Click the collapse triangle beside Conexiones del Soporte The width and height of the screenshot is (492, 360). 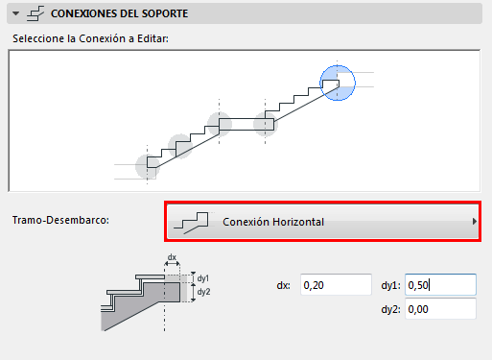coord(15,13)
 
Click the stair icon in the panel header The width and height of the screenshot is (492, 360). coord(35,13)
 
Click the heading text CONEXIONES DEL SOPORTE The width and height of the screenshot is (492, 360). coord(119,13)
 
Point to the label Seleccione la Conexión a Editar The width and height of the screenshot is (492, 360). coord(90,38)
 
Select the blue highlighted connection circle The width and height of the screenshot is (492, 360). coord(338,83)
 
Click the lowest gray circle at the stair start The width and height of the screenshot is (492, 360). coord(148,167)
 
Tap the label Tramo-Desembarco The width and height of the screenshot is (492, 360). coord(60,220)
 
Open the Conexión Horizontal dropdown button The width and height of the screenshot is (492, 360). coord(323,222)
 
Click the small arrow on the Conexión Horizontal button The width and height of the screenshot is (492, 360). coord(475,222)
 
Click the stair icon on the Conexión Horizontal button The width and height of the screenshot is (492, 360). coord(191,223)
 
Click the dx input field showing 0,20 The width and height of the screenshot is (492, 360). coord(336,284)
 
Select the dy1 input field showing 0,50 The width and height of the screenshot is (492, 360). coord(440,284)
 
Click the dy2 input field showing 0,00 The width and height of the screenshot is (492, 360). coord(440,309)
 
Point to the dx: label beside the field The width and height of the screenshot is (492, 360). coord(284,285)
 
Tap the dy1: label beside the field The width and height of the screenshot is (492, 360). coord(390,285)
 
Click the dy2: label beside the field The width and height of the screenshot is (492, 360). coord(390,309)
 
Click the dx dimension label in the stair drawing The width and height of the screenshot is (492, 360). coord(172,257)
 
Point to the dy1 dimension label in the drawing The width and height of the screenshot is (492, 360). coord(203,278)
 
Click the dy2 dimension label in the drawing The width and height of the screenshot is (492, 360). coord(203,292)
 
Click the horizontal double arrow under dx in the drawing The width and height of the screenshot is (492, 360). coord(172,264)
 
